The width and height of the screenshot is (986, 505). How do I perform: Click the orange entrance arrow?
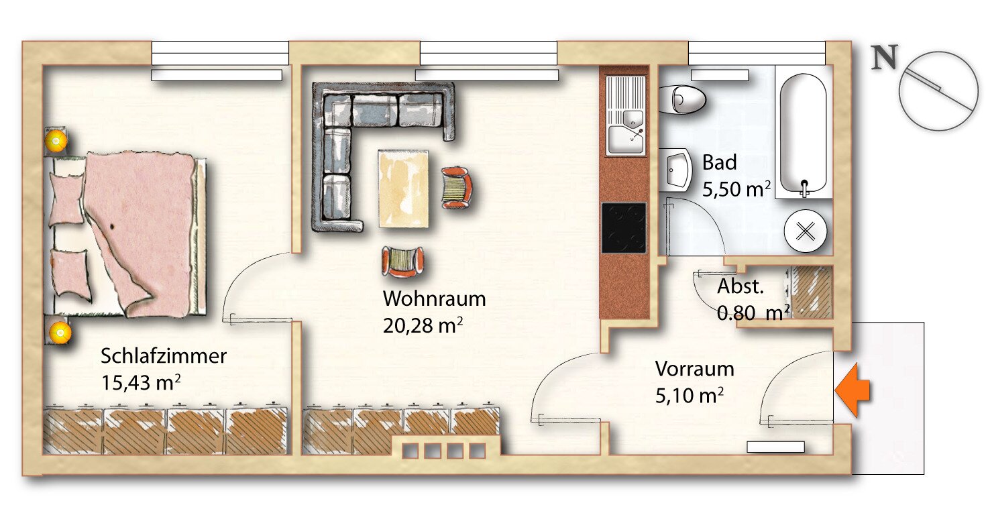click(x=853, y=390)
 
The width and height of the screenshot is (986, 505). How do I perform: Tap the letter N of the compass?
click(x=884, y=59)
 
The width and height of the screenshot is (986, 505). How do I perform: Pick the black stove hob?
click(x=624, y=227)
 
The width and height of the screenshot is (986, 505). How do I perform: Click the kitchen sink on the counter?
click(x=626, y=115)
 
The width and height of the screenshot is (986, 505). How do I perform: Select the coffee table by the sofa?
click(x=403, y=188)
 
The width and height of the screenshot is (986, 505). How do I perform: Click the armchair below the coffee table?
click(x=403, y=261)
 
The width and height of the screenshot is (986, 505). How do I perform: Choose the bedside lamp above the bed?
click(x=56, y=140)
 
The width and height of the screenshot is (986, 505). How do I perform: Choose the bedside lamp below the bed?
click(x=60, y=331)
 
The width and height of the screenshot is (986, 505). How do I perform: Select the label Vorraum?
click(x=694, y=369)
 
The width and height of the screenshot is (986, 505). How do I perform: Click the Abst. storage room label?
click(x=741, y=287)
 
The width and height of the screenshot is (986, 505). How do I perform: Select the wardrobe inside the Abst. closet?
click(x=812, y=292)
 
